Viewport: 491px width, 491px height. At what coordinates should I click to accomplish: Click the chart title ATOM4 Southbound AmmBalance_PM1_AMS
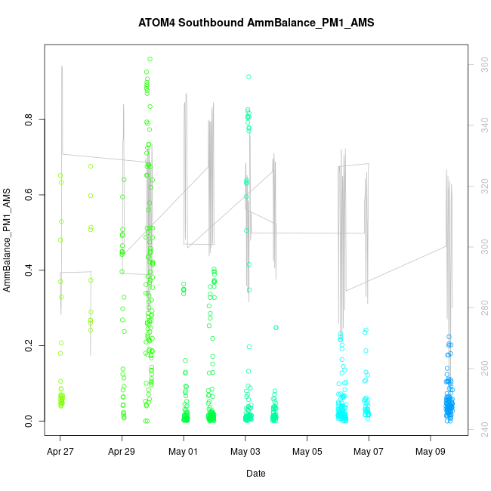pyautogui.click(x=256, y=23)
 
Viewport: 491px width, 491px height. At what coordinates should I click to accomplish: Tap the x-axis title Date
pyautogui.click(x=255, y=474)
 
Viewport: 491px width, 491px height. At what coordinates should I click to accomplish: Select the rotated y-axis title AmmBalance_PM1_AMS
pyautogui.click(x=8, y=240)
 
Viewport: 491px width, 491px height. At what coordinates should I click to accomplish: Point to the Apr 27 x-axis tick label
pyautogui.click(x=60, y=452)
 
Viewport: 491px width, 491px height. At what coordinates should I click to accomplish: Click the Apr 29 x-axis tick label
pyautogui.click(x=122, y=452)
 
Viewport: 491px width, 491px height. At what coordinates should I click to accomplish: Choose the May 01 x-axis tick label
pyautogui.click(x=183, y=452)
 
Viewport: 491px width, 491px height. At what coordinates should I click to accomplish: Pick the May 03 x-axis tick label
pyautogui.click(x=245, y=452)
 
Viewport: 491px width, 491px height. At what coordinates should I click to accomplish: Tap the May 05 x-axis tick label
pyautogui.click(x=307, y=452)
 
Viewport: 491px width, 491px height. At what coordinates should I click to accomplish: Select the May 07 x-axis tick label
pyautogui.click(x=369, y=452)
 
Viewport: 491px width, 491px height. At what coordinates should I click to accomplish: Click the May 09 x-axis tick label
pyautogui.click(x=430, y=452)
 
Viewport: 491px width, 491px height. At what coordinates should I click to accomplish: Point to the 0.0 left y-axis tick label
pyautogui.click(x=28, y=421)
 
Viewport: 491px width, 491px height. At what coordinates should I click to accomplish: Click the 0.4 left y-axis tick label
pyautogui.click(x=28, y=270)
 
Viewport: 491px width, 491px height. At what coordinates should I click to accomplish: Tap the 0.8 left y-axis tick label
pyautogui.click(x=28, y=119)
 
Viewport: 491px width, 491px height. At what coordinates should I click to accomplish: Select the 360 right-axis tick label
pyautogui.click(x=478, y=66)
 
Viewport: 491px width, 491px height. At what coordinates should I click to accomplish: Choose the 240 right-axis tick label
pyautogui.click(x=478, y=428)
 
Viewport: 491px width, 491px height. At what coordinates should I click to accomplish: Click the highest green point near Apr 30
pyautogui.click(x=150, y=59)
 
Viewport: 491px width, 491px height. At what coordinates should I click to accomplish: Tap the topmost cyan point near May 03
pyautogui.click(x=249, y=77)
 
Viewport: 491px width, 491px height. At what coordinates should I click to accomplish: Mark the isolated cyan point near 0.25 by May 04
pyautogui.click(x=276, y=328)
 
